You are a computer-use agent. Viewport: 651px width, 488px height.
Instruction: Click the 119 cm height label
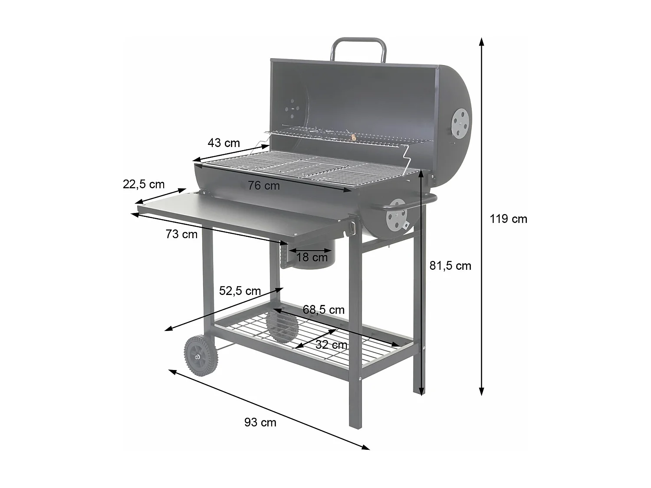click(508, 219)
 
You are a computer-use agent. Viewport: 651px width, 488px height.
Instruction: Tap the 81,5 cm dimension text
click(450, 265)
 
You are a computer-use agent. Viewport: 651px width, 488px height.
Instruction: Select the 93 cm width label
click(260, 422)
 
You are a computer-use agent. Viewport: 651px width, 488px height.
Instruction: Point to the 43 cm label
click(224, 143)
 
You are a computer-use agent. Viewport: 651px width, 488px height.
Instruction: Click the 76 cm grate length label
click(264, 186)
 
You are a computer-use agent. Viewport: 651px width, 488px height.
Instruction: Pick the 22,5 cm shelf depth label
click(144, 184)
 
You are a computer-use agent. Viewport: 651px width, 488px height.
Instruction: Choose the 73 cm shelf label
click(181, 234)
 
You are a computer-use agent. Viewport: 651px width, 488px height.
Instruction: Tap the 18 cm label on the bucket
click(312, 257)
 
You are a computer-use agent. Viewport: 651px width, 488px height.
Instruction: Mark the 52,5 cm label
click(240, 291)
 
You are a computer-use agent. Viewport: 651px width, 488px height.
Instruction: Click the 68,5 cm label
click(323, 310)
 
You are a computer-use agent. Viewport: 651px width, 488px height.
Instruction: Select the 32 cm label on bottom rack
click(331, 345)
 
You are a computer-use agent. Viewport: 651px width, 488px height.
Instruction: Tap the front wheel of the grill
click(201, 356)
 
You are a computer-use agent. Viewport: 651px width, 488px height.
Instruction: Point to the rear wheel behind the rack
click(281, 326)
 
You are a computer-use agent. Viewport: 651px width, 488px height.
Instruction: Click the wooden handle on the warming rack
click(353, 138)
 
